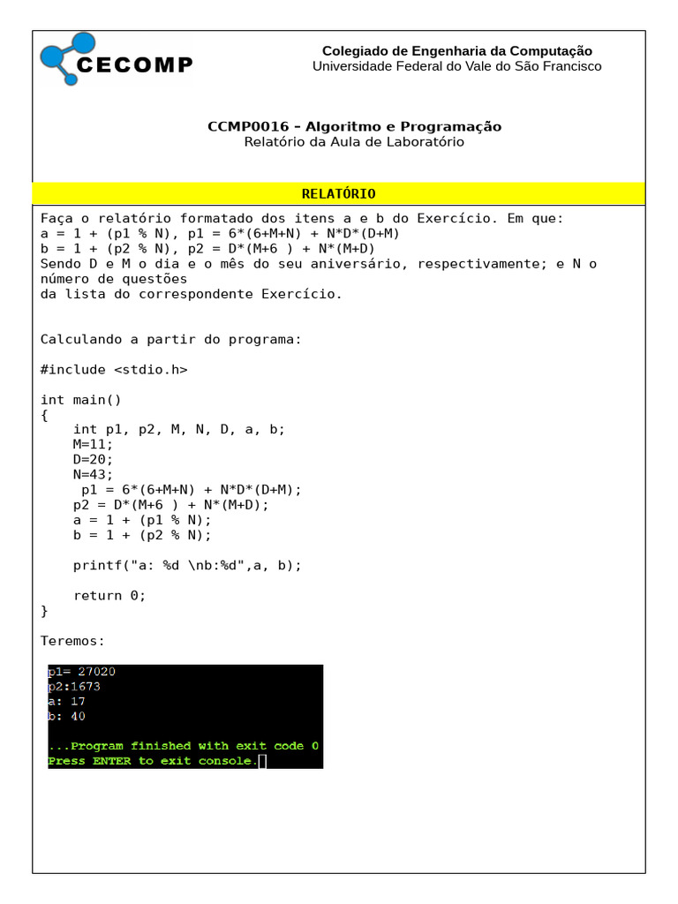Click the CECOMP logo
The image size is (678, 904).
tap(116, 60)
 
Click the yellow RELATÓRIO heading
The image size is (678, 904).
tap(338, 194)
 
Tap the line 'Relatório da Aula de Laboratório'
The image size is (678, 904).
tap(354, 142)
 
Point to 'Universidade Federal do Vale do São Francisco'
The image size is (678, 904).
tap(456, 66)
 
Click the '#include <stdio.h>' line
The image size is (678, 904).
tap(114, 370)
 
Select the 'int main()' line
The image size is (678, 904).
tap(81, 400)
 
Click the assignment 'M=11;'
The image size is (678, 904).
tap(94, 445)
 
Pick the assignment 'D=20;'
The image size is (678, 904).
tap(94, 460)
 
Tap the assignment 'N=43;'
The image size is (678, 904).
tap(94, 475)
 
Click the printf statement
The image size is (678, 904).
tap(187, 565)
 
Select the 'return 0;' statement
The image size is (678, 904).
tap(109, 595)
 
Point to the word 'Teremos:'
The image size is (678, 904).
tap(73, 640)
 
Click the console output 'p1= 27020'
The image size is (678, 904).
tap(81, 672)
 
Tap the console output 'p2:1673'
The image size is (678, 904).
tap(74, 687)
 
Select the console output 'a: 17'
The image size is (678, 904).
tap(66, 701)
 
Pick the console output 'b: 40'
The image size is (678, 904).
tap(66, 716)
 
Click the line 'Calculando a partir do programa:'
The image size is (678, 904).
tap(171, 339)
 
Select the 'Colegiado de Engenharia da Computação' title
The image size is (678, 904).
tap(456, 51)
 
